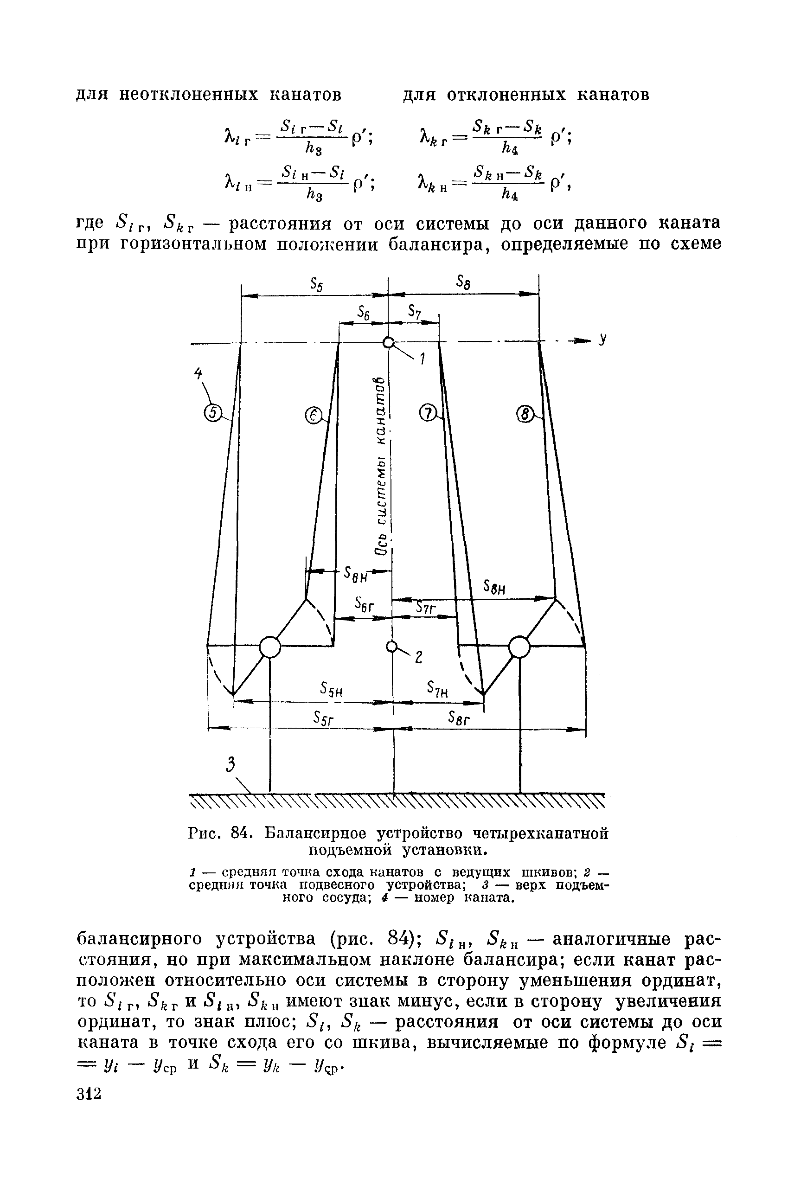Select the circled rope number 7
tap(429, 414)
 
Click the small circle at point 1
tap(388, 343)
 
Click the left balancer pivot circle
tap(269, 647)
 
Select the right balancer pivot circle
tap(519, 647)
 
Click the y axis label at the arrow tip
tap(602, 340)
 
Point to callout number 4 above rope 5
tap(198, 374)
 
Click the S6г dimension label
tap(364, 604)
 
